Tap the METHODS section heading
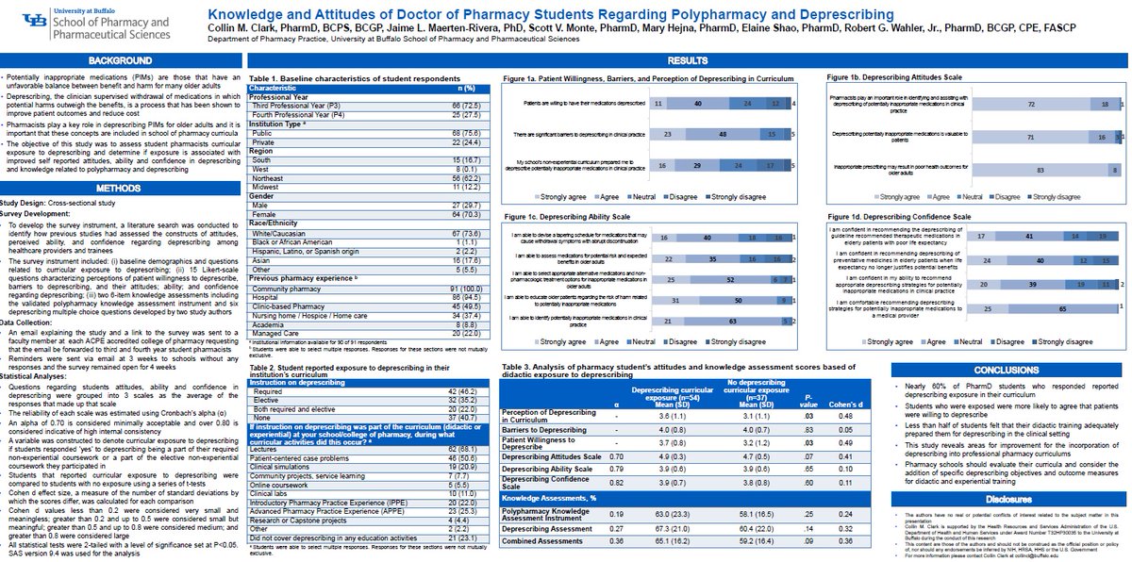(121, 188)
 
